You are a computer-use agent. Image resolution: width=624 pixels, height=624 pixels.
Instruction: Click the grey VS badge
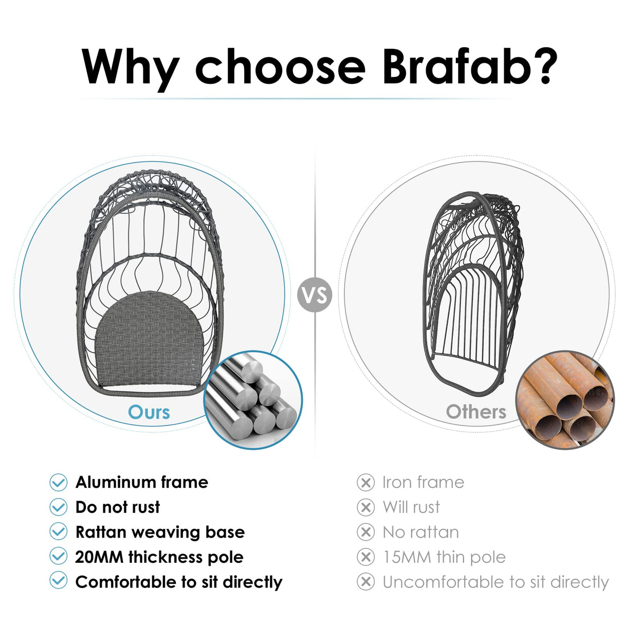click(x=315, y=295)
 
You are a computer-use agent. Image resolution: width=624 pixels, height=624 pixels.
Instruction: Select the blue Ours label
click(x=149, y=412)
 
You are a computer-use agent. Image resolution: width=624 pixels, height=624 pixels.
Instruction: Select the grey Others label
click(x=476, y=412)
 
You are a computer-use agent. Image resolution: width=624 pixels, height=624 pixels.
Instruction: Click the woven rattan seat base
click(x=148, y=339)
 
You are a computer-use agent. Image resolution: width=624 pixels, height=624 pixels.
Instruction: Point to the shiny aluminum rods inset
click(x=253, y=400)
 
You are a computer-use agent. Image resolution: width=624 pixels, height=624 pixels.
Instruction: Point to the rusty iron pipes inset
click(x=564, y=400)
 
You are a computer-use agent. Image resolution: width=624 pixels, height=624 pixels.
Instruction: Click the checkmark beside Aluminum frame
click(x=59, y=482)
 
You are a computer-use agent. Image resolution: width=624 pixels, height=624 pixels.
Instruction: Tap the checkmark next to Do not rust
click(x=59, y=507)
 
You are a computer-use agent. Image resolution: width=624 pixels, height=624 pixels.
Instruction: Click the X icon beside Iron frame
click(x=365, y=483)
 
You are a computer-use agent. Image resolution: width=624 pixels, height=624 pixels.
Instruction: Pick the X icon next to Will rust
click(x=365, y=507)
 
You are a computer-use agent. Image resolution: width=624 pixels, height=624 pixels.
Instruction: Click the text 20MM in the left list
click(x=99, y=557)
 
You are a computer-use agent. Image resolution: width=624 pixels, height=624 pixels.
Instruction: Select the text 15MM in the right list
click(x=406, y=557)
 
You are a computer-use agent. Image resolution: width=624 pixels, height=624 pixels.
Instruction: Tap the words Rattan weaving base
click(x=160, y=532)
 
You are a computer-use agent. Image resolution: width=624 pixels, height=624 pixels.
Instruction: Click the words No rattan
click(x=420, y=532)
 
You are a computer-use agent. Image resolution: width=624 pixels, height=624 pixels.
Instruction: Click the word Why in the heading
click(x=130, y=68)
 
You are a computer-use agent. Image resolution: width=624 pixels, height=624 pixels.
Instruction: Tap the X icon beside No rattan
click(x=365, y=532)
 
